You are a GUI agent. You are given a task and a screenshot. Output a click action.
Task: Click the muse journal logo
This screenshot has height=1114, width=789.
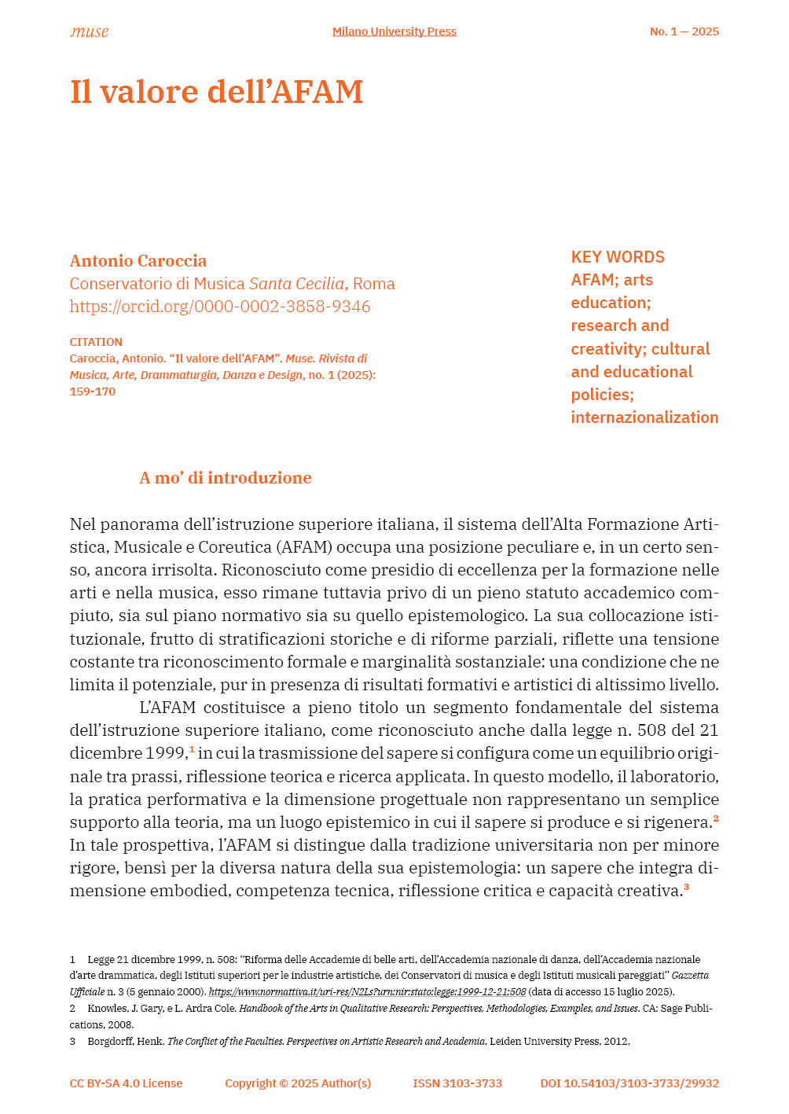pos(89,31)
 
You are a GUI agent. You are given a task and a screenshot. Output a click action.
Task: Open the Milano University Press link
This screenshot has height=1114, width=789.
pos(394,31)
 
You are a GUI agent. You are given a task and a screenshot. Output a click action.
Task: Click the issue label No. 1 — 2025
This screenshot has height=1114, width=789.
pos(684,31)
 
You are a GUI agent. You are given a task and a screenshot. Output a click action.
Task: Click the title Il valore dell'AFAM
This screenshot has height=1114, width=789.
pos(216,92)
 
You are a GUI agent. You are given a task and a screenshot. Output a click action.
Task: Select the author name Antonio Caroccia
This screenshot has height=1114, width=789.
pos(138,261)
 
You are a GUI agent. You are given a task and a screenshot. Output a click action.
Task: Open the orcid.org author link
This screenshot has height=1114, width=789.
pos(220,307)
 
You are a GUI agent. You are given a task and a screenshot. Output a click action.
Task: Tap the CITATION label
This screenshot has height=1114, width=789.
pos(96,342)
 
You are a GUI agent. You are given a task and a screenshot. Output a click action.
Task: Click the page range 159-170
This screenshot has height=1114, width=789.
pos(93,392)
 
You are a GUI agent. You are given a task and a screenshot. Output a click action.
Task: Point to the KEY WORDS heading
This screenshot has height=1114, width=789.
pos(618,257)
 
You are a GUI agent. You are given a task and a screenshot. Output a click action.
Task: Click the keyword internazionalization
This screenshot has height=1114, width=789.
pos(644,417)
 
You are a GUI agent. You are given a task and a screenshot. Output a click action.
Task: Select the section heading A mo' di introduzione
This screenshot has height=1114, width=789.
pos(226,478)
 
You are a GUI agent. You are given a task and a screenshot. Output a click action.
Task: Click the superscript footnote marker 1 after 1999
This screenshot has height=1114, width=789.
pos(192,749)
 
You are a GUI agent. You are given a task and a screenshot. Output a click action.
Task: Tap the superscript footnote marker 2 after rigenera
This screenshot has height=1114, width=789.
pos(716,818)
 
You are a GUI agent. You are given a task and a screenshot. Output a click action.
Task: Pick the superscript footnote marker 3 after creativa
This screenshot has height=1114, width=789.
pos(686,887)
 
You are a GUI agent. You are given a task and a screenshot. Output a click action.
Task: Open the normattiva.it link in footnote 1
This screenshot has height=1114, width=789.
pos(367,992)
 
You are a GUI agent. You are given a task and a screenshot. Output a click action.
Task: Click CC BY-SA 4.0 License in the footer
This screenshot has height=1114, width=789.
pos(126,1083)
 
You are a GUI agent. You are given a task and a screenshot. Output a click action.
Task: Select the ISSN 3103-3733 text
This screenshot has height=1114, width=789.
pos(457,1083)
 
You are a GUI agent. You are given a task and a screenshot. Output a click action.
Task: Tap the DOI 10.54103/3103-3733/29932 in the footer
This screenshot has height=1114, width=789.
pos(629,1083)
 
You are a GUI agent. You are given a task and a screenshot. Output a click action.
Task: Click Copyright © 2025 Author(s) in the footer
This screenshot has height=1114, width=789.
pos(298,1083)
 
